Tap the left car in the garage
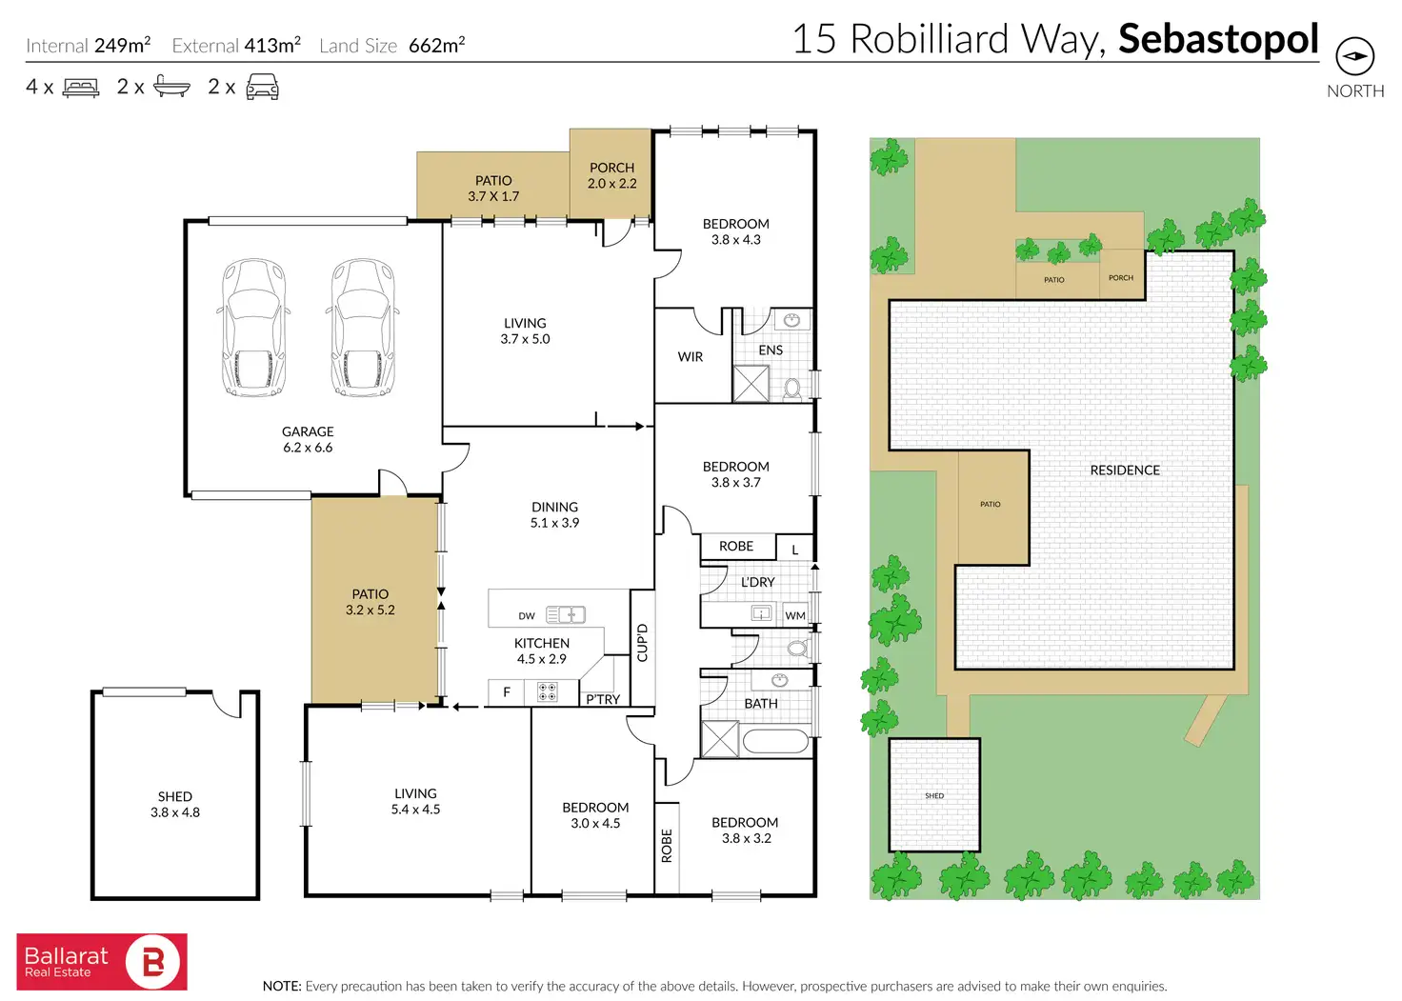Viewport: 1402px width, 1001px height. [x=253, y=328]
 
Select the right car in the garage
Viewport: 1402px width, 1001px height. [x=363, y=328]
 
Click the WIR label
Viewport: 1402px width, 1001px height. [x=691, y=357]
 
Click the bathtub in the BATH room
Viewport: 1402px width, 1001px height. [x=775, y=740]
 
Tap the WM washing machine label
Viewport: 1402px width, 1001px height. [x=795, y=615]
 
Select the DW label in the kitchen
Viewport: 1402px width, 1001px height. [x=527, y=616]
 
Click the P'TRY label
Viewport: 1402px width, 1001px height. [x=603, y=699]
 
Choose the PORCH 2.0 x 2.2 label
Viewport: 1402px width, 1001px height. [x=611, y=175]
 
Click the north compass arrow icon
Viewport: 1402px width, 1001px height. [x=1354, y=57]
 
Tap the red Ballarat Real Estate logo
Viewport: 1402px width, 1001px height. [x=102, y=962]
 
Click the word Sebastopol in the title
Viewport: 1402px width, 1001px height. [x=1218, y=39]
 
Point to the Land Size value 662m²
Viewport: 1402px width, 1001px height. [x=436, y=45]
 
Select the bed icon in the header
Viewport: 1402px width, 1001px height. [x=81, y=88]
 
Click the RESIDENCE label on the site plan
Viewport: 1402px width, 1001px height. [x=1125, y=470]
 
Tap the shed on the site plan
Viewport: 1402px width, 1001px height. [x=934, y=795]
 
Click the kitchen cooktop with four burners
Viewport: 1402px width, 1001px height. [x=547, y=692]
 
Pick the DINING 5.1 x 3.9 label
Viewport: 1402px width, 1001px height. [x=554, y=514]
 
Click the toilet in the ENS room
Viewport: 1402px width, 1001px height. [x=792, y=388]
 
